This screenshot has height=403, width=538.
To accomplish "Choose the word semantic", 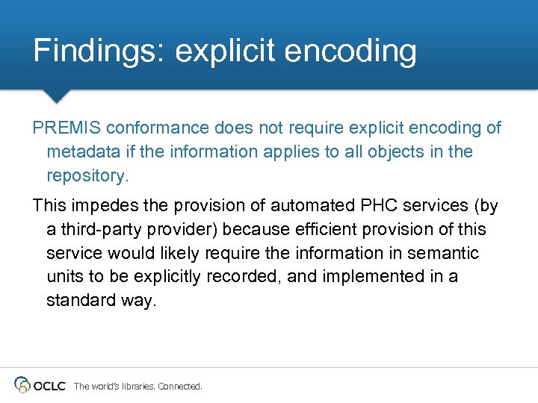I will tap(441, 253).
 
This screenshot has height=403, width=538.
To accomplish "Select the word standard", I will tap(77, 301).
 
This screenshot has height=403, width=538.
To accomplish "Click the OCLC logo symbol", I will tap(22, 385).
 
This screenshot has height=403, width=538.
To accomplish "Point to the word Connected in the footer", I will tap(179, 387).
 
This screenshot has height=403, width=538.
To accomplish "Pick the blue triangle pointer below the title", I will tap(55, 96).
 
